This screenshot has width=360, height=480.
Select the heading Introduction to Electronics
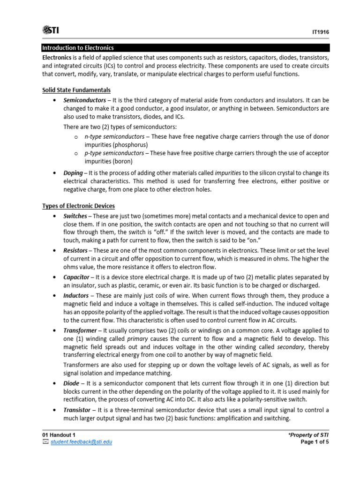(78, 48)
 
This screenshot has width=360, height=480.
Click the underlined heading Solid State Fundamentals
(76, 90)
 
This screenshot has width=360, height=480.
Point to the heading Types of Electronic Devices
(78, 206)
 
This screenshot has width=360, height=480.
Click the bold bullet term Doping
(73, 173)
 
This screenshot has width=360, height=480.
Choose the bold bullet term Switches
(75, 216)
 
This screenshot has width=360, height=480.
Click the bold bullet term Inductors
(76, 295)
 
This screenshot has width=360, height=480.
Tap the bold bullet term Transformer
(80, 330)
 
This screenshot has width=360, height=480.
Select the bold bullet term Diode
(72, 383)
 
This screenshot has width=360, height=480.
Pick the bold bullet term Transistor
(77, 410)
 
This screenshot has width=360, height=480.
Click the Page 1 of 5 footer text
(314, 442)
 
